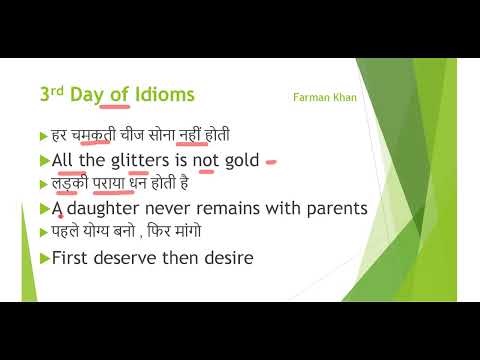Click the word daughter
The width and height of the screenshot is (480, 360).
tap(109, 209)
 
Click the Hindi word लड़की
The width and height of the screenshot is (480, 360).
tap(66, 183)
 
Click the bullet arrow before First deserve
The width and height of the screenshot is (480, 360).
tap(43, 258)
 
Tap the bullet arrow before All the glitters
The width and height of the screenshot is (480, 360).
tap(43, 160)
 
